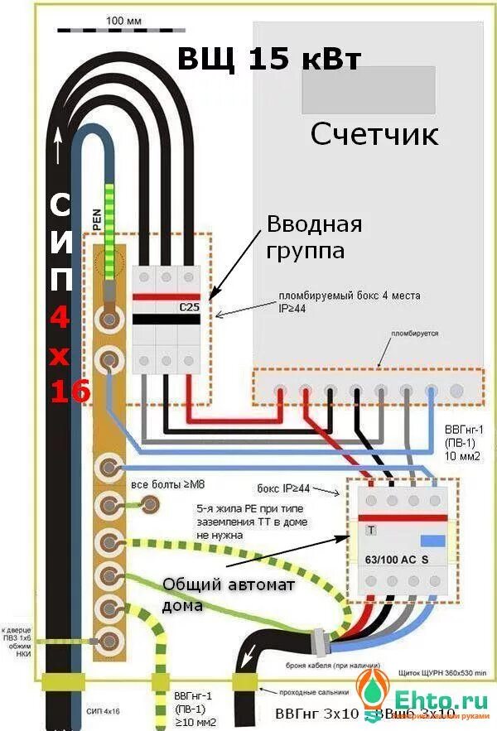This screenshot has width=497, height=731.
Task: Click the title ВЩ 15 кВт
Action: pos(269,59)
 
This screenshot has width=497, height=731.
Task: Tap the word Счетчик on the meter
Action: pos(374,134)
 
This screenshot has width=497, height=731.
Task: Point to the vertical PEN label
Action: pos(97,218)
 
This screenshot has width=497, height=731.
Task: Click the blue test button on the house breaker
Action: pos(433,541)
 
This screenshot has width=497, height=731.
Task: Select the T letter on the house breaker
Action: pos(371,529)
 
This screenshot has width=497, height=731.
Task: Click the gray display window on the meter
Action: pos(368,89)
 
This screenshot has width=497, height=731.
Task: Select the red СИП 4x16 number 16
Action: pos(70,391)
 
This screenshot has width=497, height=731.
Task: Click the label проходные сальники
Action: pos(308,692)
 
